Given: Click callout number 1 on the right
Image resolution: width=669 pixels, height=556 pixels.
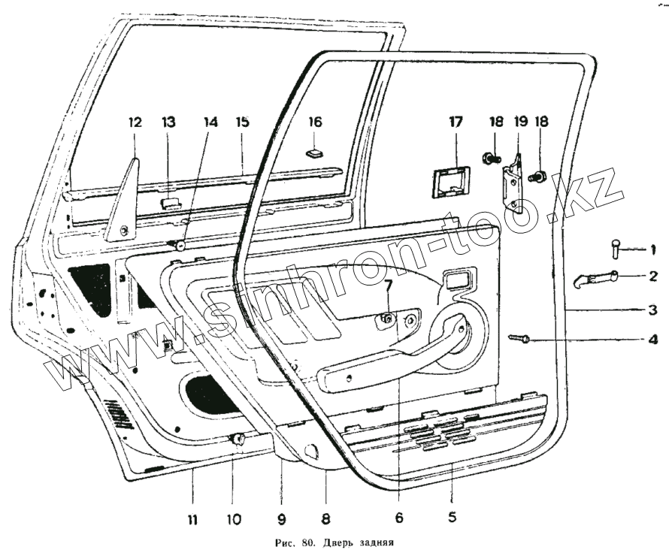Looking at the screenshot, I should [x=653, y=249].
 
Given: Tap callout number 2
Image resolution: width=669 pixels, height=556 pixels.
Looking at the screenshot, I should [x=653, y=276].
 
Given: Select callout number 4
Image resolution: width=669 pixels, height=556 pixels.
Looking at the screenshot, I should [x=653, y=339].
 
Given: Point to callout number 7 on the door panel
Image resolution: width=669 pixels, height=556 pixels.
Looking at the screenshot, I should [x=388, y=286].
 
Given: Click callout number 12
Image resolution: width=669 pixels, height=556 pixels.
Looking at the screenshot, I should [x=135, y=122].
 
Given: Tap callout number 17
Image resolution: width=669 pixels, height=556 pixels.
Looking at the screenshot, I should [x=456, y=122].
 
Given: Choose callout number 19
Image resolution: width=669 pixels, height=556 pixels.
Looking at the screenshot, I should [x=518, y=122].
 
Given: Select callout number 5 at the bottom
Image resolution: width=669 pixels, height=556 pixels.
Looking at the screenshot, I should [x=451, y=517].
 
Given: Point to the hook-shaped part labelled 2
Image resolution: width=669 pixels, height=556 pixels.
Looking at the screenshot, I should [x=594, y=279].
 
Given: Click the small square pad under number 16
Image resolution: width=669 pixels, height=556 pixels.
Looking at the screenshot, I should [x=314, y=153].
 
